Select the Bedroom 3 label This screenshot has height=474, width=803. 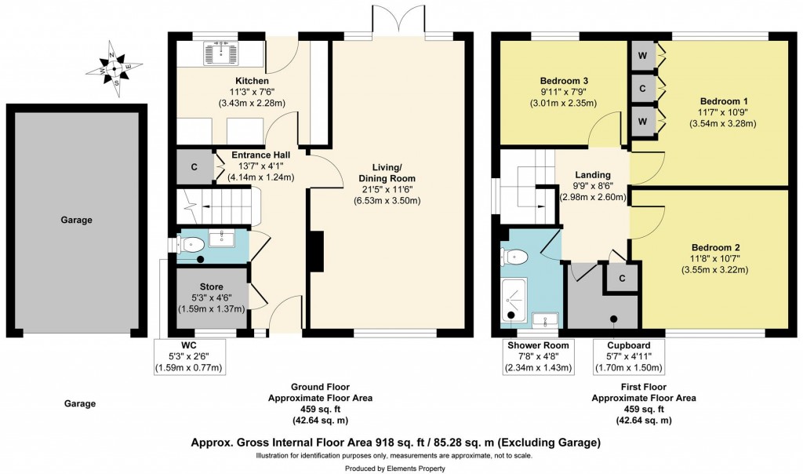564,81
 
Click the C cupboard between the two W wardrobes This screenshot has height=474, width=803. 642,89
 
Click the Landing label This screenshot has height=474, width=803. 593,175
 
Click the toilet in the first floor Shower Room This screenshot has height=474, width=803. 514,256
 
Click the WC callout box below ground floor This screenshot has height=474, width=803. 191,356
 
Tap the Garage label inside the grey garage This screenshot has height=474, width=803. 75,221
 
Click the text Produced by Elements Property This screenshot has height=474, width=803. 401,469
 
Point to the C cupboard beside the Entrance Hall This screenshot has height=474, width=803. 193,166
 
